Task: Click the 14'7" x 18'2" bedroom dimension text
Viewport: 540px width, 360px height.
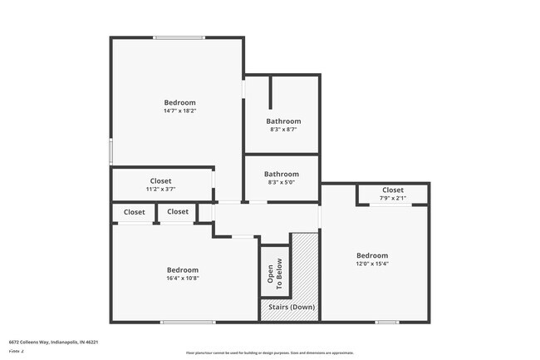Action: (x=179, y=111)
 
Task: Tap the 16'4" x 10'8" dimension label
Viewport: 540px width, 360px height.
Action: (x=182, y=278)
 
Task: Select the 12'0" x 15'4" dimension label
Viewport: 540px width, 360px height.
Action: (x=371, y=264)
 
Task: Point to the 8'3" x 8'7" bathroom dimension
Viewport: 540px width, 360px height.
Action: (x=283, y=129)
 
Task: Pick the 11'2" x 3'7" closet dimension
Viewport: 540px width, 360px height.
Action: (x=160, y=189)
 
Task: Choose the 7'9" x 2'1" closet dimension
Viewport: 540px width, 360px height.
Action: (x=392, y=198)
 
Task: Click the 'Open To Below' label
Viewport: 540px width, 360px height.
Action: (x=274, y=272)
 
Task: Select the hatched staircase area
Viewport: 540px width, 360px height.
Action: (x=305, y=266)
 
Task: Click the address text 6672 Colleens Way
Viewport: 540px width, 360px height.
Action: (x=54, y=341)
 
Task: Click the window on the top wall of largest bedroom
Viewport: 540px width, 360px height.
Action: (x=179, y=37)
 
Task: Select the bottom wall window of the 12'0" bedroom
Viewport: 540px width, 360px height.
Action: (x=386, y=322)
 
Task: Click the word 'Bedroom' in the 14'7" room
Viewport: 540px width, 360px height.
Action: (x=179, y=102)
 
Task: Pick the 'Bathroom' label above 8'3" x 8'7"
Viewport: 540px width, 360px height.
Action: (x=283, y=121)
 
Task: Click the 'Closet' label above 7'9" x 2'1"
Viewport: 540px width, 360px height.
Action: (x=392, y=190)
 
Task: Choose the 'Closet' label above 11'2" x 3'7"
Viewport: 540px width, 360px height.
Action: (x=160, y=180)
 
